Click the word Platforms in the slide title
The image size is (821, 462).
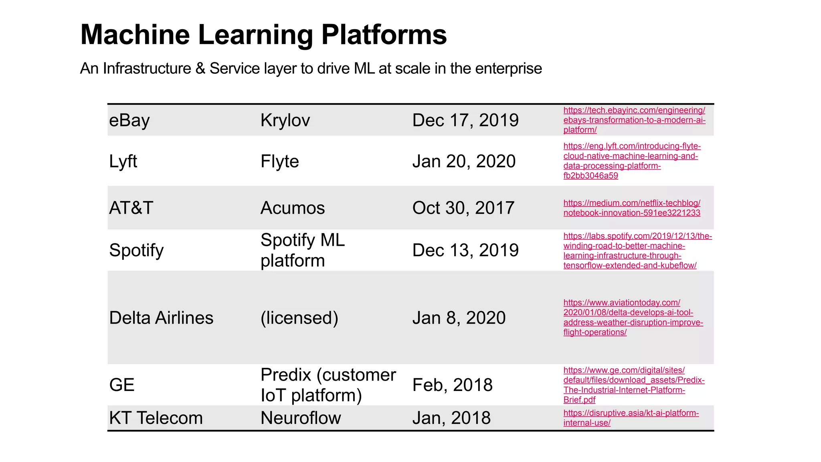(384, 35)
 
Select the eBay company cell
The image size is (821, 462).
(129, 120)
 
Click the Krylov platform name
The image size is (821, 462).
(285, 120)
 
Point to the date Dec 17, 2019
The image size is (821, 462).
(465, 120)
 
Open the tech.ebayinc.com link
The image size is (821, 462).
(634, 120)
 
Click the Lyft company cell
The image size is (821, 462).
(123, 162)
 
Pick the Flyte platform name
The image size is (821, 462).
(280, 162)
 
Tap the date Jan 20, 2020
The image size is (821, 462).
(464, 162)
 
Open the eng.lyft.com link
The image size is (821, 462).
(631, 161)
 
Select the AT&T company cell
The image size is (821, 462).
(131, 208)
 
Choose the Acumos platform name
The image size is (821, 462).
(293, 208)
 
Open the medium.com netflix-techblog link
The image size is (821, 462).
(631, 208)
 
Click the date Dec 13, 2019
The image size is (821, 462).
(465, 250)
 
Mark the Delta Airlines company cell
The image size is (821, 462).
(161, 318)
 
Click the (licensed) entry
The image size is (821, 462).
(299, 318)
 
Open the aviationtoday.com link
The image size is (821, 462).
(633, 317)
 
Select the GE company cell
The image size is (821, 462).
(122, 385)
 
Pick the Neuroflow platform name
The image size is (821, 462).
(301, 418)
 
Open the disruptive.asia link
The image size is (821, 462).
(631, 418)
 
